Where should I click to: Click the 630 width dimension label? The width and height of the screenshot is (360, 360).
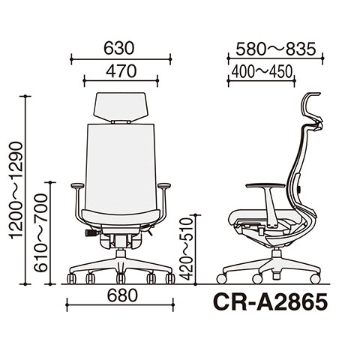119,48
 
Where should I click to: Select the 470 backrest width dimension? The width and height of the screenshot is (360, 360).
121,71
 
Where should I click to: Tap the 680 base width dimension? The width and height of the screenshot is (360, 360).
122,295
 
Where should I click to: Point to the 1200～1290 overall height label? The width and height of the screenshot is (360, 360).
16,190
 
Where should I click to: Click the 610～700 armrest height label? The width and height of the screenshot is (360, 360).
40,232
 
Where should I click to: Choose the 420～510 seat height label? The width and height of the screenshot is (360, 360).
187,248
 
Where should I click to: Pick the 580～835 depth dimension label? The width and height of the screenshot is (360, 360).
276,49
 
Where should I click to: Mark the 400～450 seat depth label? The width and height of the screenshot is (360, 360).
262,72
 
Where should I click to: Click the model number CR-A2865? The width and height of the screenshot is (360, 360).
270,301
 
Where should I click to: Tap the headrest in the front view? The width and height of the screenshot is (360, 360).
121,107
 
